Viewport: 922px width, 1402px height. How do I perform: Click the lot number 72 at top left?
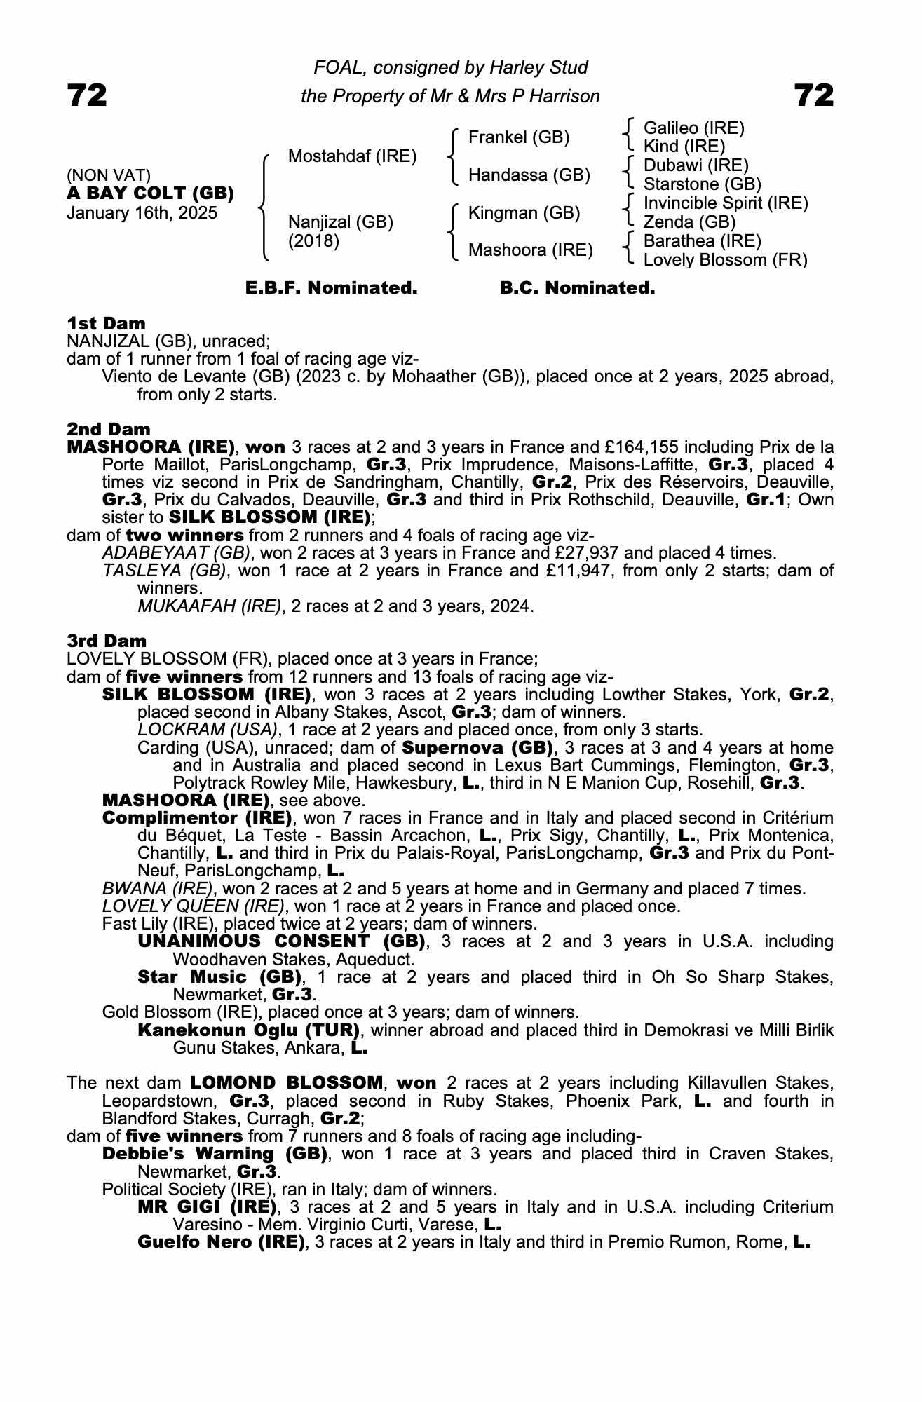point(87,95)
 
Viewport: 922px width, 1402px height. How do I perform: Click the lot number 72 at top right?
point(814,95)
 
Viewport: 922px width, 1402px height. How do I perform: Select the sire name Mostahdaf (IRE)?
point(352,156)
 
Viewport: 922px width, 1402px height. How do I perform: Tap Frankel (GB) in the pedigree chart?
point(519,137)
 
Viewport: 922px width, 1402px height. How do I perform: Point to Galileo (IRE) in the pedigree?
point(693,128)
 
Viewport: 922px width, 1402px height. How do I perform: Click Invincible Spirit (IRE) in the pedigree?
point(726,203)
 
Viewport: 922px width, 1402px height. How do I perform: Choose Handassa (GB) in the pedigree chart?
point(529,175)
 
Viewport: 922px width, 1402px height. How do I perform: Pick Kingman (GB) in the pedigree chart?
point(524,212)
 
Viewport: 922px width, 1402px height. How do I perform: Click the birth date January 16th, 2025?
point(142,213)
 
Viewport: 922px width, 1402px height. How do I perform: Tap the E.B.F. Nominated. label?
point(331,288)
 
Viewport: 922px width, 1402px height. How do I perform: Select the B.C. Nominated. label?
point(577,288)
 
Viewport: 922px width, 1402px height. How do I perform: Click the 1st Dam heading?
point(106,323)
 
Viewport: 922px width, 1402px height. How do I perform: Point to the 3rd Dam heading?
point(107,641)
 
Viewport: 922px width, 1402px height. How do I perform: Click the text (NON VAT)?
point(108,175)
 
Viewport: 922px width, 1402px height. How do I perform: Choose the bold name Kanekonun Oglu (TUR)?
point(249,1030)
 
